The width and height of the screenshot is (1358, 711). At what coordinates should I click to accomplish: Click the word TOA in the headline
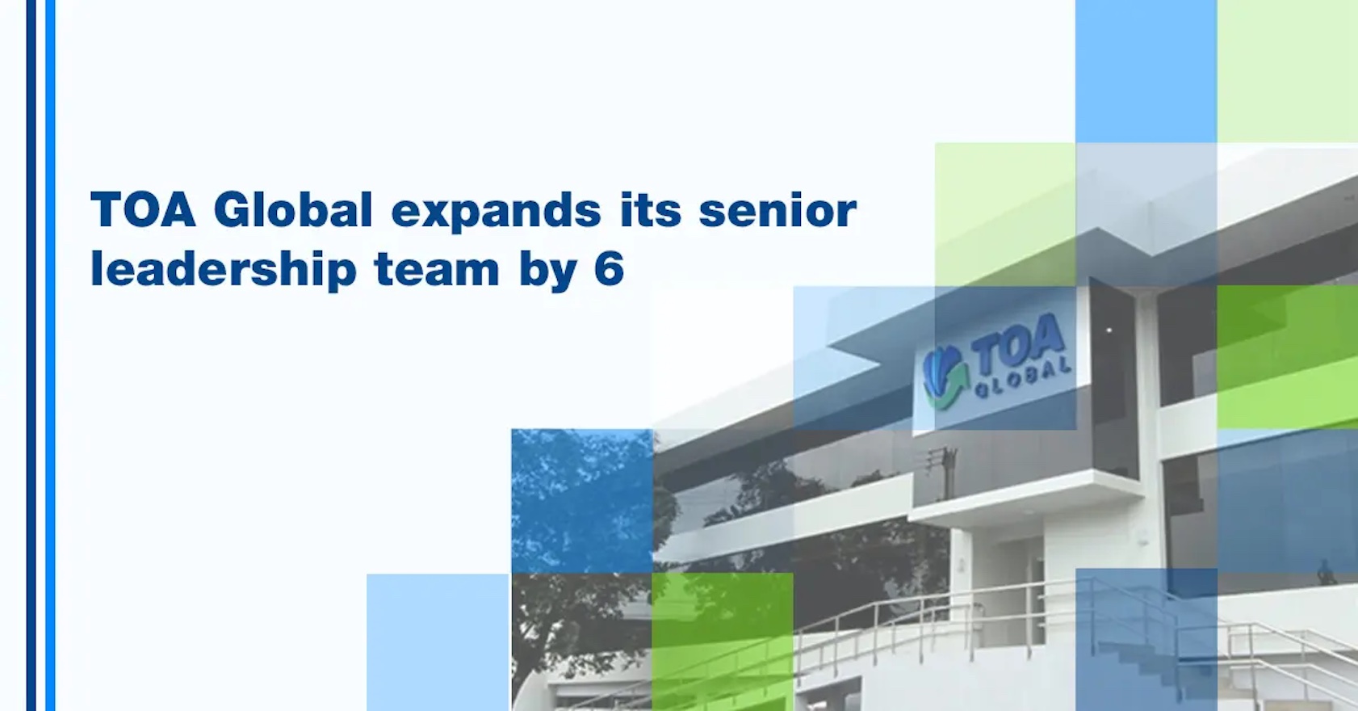(x=143, y=210)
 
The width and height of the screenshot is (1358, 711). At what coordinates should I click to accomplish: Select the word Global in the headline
(x=293, y=210)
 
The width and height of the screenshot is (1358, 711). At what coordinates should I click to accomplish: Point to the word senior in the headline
(x=777, y=211)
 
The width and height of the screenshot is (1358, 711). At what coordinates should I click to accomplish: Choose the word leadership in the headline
(x=223, y=270)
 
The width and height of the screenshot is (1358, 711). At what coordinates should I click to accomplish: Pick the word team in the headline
(x=437, y=270)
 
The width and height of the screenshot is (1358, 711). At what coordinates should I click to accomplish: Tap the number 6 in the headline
(x=609, y=269)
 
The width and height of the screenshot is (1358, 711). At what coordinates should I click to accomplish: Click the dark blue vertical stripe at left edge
(x=31, y=355)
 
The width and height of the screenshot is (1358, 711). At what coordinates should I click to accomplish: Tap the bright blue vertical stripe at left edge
(x=50, y=355)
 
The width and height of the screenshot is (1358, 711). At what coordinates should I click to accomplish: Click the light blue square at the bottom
(x=438, y=642)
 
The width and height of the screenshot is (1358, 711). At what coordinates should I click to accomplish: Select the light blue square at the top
(x=1146, y=71)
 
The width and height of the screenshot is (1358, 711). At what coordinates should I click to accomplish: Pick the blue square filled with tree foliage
(x=581, y=501)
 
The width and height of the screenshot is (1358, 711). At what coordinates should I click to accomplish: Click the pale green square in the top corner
(x=1287, y=71)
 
